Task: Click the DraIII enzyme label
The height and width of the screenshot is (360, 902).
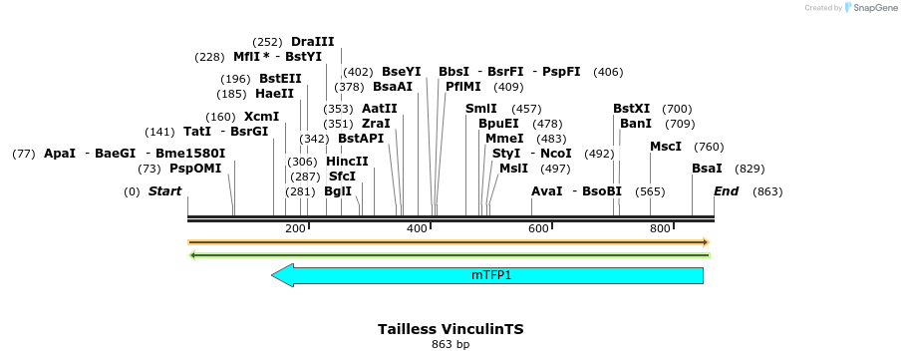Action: coord(312,42)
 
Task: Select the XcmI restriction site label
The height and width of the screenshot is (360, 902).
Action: coord(261,117)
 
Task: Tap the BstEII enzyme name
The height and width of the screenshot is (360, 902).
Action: coord(280,79)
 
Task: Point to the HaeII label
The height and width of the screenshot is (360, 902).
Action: coord(275,94)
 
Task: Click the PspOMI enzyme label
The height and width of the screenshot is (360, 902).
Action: coord(195,169)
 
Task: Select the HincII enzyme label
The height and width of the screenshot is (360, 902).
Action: coord(347,162)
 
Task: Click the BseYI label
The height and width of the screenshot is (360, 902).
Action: coord(402,72)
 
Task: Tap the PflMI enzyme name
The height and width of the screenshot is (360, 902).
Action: coord(463,87)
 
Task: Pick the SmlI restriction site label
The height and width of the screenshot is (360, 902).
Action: coord(481,109)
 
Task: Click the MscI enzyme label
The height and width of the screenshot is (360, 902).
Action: coord(666,147)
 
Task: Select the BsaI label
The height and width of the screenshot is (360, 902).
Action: coord(707,169)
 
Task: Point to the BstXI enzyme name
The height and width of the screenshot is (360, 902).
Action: coord(631,109)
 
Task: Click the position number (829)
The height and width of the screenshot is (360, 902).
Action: coord(750,169)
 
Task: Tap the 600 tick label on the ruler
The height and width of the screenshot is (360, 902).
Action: coord(539,229)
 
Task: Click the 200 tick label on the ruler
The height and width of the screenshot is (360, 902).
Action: coord(295,229)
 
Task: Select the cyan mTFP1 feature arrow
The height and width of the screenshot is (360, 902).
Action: coord(487,275)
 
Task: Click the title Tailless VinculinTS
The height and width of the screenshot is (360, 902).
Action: coord(451,328)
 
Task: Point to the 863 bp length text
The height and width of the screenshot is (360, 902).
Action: coord(451,345)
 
